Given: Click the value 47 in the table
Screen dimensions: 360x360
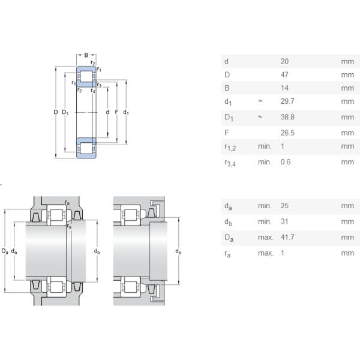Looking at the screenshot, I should (284, 75).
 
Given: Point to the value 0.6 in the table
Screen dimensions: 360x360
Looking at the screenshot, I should (286, 161).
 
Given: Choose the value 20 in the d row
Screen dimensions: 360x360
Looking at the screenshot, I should (284, 61).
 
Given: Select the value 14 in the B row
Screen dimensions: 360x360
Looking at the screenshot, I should (284, 88).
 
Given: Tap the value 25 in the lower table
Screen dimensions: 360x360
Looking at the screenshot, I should (284, 206).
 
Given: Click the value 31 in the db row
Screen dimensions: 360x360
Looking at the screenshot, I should (284, 221).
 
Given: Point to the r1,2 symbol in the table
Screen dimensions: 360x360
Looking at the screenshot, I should (230, 147).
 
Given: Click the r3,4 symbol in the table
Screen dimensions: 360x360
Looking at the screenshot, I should (230, 162).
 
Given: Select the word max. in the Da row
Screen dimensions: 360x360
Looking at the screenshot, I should (265, 237).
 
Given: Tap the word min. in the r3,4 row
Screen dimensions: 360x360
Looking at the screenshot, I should (265, 161).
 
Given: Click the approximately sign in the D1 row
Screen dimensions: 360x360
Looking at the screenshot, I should (260, 118).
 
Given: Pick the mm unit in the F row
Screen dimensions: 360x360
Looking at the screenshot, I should (347, 133).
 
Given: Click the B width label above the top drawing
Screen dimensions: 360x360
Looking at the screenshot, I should (86, 55).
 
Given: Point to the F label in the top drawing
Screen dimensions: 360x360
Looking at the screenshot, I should (116, 112).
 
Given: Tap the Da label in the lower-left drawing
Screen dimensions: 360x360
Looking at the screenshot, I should (5, 250).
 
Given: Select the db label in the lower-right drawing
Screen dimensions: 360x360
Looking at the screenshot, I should (178, 251).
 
